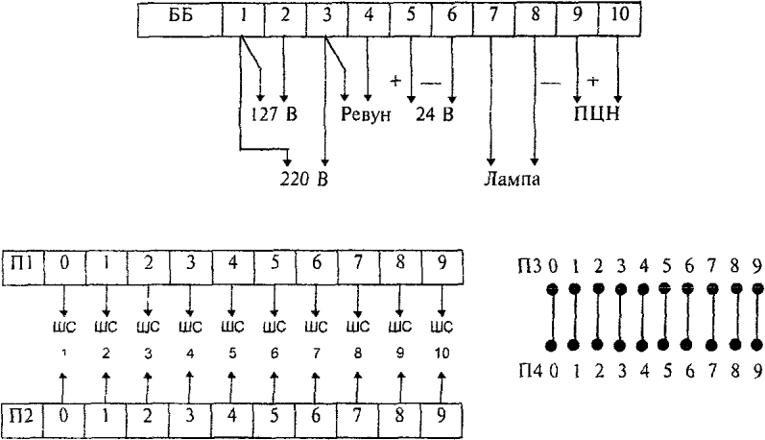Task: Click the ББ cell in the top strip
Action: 179,16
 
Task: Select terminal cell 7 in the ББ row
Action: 493,16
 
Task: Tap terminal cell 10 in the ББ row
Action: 619,16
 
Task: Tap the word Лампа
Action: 512,178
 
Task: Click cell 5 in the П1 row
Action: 274,262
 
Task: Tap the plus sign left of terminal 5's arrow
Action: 394,81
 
